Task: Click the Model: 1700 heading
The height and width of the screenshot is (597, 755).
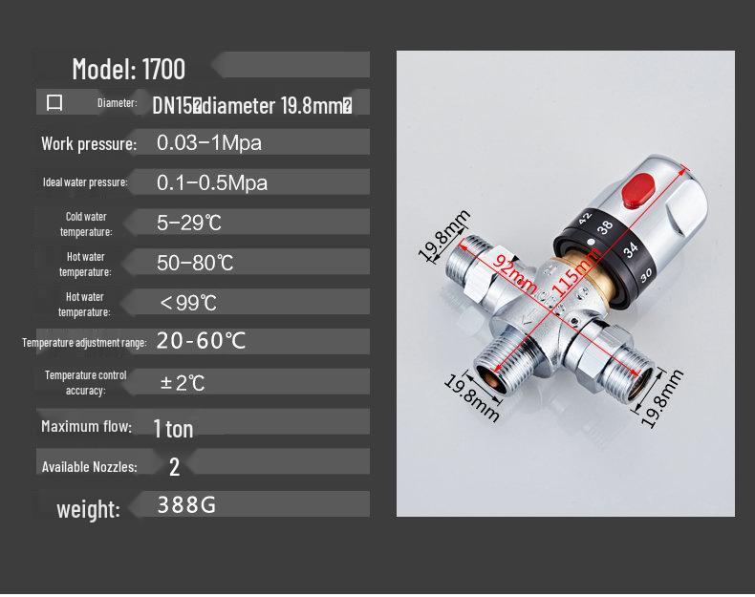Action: (128, 69)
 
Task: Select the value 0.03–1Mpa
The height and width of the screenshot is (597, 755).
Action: (208, 143)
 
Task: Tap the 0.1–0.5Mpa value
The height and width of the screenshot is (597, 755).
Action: (211, 182)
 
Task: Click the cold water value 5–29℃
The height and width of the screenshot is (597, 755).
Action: (189, 223)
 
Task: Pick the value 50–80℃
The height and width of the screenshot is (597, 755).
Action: (195, 263)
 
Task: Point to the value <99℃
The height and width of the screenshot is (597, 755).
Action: (189, 303)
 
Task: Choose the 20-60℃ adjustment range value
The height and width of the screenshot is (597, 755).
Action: (201, 341)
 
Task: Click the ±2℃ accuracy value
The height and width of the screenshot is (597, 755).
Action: (183, 382)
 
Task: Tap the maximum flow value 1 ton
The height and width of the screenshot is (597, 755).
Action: (173, 428)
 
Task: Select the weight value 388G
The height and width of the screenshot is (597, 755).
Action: (186, 504)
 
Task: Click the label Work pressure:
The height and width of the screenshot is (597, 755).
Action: (89, 144)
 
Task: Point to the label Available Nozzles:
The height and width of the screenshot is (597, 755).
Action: (89, 467)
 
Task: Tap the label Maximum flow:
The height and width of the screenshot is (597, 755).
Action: (85, 426)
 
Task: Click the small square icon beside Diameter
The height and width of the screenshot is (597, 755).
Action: (54, 102)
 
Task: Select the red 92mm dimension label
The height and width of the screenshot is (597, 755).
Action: (514, 270)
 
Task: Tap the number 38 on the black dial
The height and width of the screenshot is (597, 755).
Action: (605, 227)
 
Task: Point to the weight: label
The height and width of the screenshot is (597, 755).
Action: (88, 509)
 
